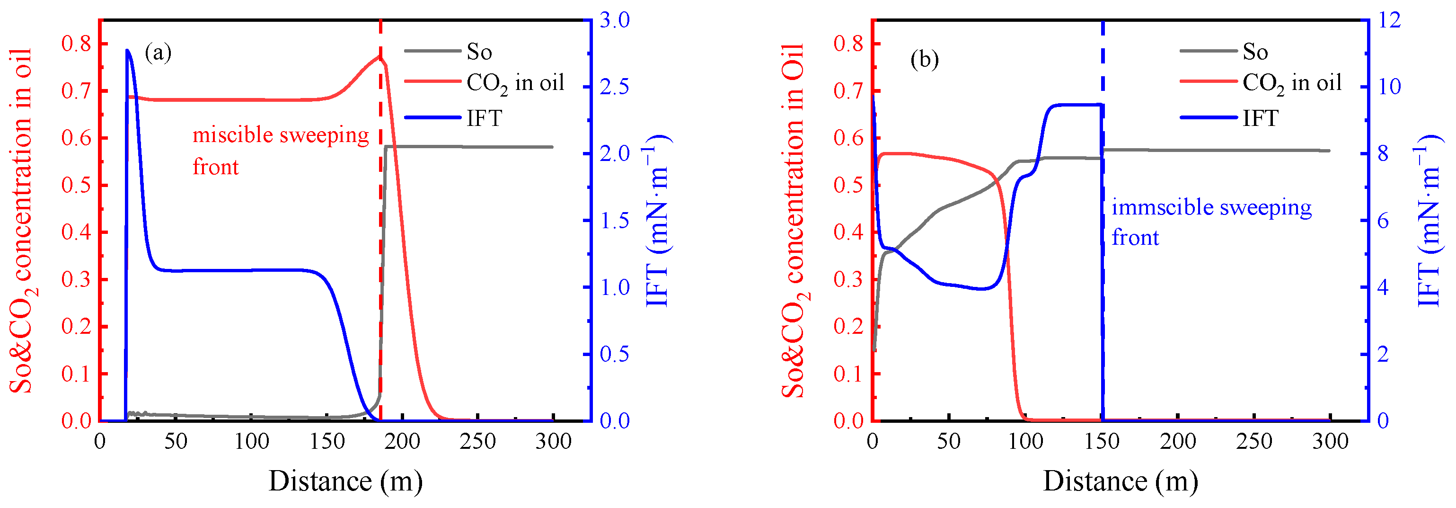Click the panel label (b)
pyautogui.click(x=924, y=59)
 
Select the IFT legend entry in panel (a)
pyautogui.click(x=484, y=118)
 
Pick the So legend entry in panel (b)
pyautogui.click(x=1255, y=52)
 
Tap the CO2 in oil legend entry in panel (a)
pyautogui.click(x=514, y=84)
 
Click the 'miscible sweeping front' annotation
pyautogui.click(x=280, y=151)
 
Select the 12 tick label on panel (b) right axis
pyautogui.click(x=1390, y=20)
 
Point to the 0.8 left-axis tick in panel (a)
pyautogui.click(x=76, y=44)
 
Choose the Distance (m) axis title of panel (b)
pyautogui.click(x=1120, y=481)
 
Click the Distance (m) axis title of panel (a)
pyautogui.click(x=345, y=481)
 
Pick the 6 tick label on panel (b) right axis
pyautogui.click(x=1383, y=221)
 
